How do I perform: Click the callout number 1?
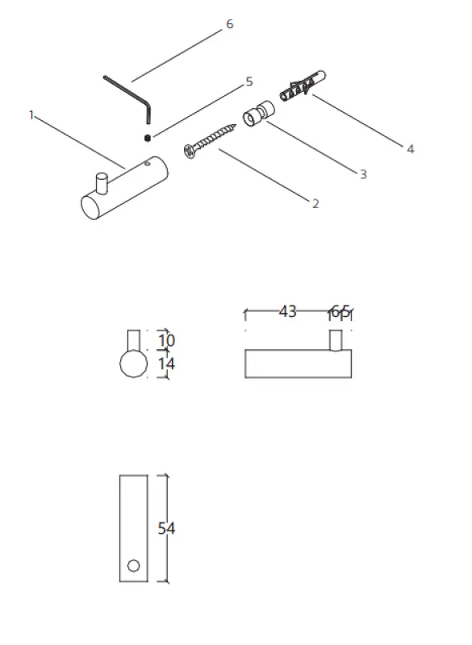click(x=31, y=115)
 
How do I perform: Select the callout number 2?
click(x=315, y=203)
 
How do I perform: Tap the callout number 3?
click(x=363, y=173)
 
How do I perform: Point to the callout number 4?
click(x=411, y=148)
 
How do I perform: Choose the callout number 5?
click(x=249, y=81)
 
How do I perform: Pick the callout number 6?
click(x=229, y=25)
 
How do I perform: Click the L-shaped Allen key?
click(x=129, y=90)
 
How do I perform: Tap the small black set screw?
click(x=148, y=137)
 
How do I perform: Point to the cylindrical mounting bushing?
click(x=256, y=114)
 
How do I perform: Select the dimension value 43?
click(x=287, y=311)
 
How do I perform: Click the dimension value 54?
click(x=166, y=529)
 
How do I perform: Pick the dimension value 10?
click(x=166, y=340)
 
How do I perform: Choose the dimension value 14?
click(x=166, y=364)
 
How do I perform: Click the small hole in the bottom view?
click(x=134, y=564)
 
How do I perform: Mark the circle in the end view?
click(x=134, y=364)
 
